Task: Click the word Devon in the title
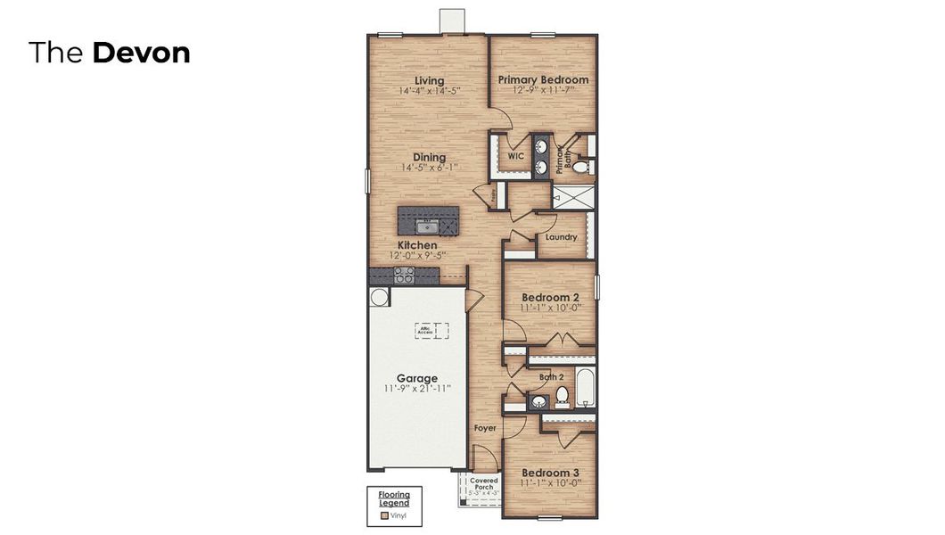click(141, 53)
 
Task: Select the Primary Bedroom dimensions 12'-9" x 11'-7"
click(543, 90)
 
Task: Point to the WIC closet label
click(515, 155)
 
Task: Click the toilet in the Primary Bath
click(579, 166)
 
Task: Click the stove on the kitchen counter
click(403, 277)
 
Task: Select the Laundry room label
click(561, 237)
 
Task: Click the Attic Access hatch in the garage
click(430, 331)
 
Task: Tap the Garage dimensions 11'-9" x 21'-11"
click(417, 389)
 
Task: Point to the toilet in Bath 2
click(562, 395)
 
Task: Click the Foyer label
click(484, 428)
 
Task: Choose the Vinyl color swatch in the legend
click(384, 515)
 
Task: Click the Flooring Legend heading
click(394, 498)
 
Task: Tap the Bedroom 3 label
click(550, 473)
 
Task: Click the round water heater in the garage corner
click(379, 297)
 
